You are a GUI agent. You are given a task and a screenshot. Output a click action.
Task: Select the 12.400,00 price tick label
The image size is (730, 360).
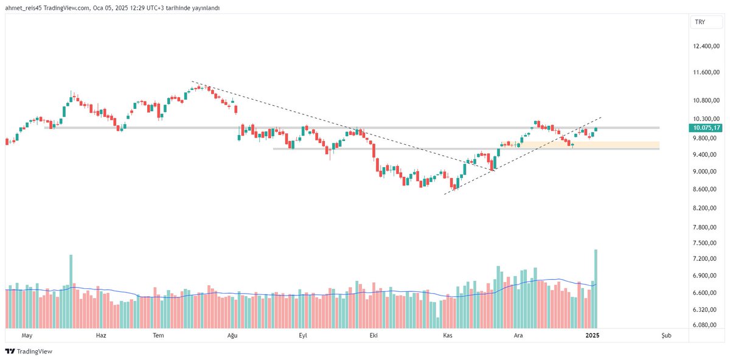click(707, 46)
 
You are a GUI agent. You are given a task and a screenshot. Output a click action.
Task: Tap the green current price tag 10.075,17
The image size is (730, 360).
click(706, 128)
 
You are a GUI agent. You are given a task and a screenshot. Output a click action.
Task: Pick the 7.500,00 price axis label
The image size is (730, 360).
click(707, 243)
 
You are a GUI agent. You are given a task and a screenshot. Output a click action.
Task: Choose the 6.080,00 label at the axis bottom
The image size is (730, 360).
click(707, 325)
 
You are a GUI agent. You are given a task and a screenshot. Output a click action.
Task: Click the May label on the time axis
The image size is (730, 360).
click(26, 335)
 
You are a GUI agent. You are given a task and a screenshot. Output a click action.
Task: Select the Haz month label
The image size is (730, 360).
click(101, 335)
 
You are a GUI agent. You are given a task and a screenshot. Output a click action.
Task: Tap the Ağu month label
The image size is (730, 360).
click(231, 335)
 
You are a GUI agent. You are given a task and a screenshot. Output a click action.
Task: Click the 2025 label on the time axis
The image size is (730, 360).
click(592, 335)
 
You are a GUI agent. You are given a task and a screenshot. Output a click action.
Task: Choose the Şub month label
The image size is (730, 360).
click(667, 335)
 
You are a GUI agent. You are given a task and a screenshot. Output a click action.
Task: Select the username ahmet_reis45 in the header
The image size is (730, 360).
click(24, 8)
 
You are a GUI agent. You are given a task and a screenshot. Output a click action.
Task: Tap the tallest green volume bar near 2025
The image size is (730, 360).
click(596, 289)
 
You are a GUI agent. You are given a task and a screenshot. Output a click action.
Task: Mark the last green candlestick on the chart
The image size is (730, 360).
click(596, 129)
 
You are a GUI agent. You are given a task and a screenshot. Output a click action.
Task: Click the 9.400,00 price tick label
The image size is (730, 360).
click(707, 155)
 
